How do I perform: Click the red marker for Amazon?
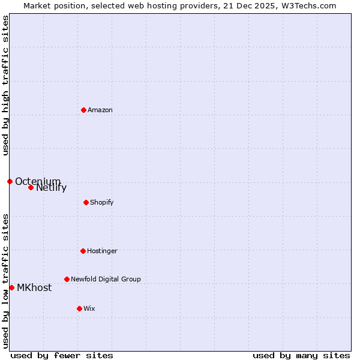[83, 110]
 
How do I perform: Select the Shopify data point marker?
[86, 202]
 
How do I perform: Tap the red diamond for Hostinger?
[83, 251]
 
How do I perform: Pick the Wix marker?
[79, 308]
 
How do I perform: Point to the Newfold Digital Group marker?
[67, 279]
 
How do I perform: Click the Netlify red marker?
[31, 187]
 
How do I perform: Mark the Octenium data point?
[10, 181]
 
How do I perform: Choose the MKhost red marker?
[11, 287]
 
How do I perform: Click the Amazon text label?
[100, 110]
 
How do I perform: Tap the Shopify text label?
[102, 202]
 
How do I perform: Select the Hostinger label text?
[102, 251]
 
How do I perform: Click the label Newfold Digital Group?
[106, 279]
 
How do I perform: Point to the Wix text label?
[89, 308]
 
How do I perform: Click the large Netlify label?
[51, 188]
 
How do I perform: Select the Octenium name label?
[38, 181]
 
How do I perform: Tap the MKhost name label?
[34, 288]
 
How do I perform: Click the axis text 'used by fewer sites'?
[62, 355]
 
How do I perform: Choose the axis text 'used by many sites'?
[301, 355]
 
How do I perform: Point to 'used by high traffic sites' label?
[5, 85]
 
